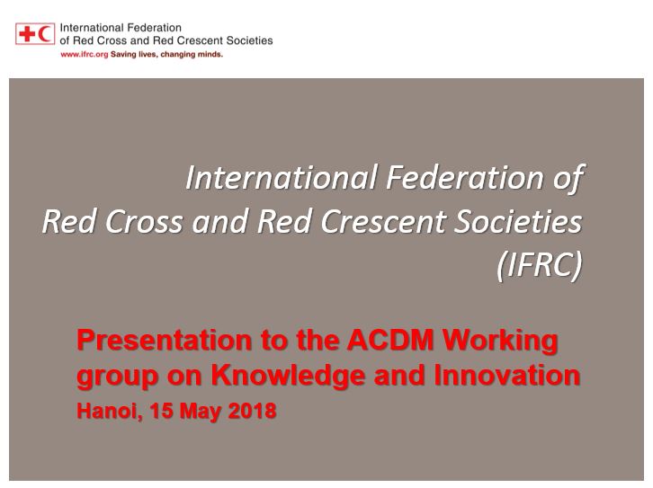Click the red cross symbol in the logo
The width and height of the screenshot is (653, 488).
click(x=27, y=33)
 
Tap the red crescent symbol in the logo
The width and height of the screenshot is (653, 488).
click(x=45, y=33)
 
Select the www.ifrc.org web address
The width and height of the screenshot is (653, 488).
click(x=85, y=55)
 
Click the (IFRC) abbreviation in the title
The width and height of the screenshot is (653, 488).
click(x=540, y=264)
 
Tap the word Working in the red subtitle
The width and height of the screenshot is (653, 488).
click(x=500, y=342)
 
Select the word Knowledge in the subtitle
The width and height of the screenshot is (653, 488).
click(x=288, y=376)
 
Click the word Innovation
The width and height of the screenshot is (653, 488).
click(x=506, y=375)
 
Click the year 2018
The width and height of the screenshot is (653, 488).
click(x=253, y=411)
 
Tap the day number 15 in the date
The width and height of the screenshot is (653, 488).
click(x=162, y=411)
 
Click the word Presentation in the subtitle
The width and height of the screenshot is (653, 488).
click(x=165, y=340)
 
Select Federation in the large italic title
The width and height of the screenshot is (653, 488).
click(x=464, y=178)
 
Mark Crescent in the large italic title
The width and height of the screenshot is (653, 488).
click(x=383, y=221)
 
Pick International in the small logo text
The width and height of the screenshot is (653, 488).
click(x=86, y=28)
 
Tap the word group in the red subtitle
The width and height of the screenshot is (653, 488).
click(x=118, y=377)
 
